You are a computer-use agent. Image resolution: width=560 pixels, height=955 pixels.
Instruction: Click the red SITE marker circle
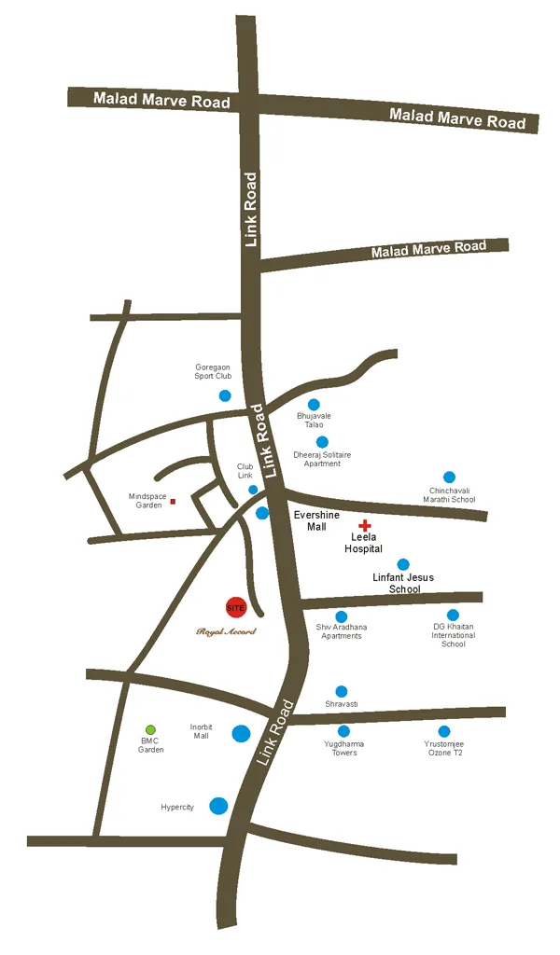(x=235, y=607)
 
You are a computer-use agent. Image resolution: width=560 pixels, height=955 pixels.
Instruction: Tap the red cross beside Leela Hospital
(x=365, y=526)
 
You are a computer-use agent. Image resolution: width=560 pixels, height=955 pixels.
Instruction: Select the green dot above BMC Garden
(x=150, y=729)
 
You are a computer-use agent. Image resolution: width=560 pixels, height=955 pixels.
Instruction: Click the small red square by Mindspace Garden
(x=173, y=502)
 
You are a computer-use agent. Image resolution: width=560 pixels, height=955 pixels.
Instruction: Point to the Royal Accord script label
(x=226, y=631)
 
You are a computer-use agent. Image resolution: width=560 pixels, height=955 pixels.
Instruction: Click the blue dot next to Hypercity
(x=218, y=805)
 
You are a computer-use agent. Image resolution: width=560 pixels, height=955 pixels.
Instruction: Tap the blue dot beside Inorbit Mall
(x=241, y=733)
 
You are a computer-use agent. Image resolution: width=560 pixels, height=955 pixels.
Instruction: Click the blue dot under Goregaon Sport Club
(x=225, y=395)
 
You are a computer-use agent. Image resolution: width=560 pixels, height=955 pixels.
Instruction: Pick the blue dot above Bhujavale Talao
(x=314, y=404)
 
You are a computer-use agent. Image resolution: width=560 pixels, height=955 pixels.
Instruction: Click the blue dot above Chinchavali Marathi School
(x=449, y=477)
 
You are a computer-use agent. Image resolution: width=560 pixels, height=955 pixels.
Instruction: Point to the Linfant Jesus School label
(x=403, y=583)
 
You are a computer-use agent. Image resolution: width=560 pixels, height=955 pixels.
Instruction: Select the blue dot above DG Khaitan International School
(x=453, y=615)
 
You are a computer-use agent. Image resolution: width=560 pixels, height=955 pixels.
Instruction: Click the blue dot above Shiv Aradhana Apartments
(x=342, y=616)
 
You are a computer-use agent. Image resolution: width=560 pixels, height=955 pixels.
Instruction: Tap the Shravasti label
(x=342, y=702)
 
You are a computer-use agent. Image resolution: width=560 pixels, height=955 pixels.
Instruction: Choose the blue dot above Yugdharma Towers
(x=343, y=731)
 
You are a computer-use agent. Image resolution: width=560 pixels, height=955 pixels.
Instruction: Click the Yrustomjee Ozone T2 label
(x=443, y=747)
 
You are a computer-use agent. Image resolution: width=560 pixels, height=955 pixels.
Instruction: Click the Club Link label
(x=245, y=471)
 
